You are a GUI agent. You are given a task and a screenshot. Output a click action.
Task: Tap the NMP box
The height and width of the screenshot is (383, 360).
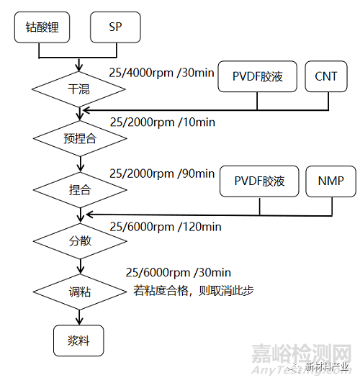331,181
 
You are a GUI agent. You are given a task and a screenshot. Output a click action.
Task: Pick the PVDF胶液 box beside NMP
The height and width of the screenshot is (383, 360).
259,181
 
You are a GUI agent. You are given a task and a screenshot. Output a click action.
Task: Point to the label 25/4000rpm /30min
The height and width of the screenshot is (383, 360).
162,73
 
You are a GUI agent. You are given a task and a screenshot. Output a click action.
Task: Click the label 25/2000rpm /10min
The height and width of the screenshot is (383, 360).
162,122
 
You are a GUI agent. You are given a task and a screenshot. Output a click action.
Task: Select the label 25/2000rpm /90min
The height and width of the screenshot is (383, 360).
162,174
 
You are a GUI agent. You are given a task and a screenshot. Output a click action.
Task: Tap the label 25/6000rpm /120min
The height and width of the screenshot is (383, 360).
165,226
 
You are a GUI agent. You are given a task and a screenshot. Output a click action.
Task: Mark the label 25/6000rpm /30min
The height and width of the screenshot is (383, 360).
178,272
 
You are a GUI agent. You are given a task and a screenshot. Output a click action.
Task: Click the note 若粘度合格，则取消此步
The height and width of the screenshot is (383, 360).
193,290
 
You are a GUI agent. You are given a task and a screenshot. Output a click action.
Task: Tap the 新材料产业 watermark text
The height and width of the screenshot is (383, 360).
327,365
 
